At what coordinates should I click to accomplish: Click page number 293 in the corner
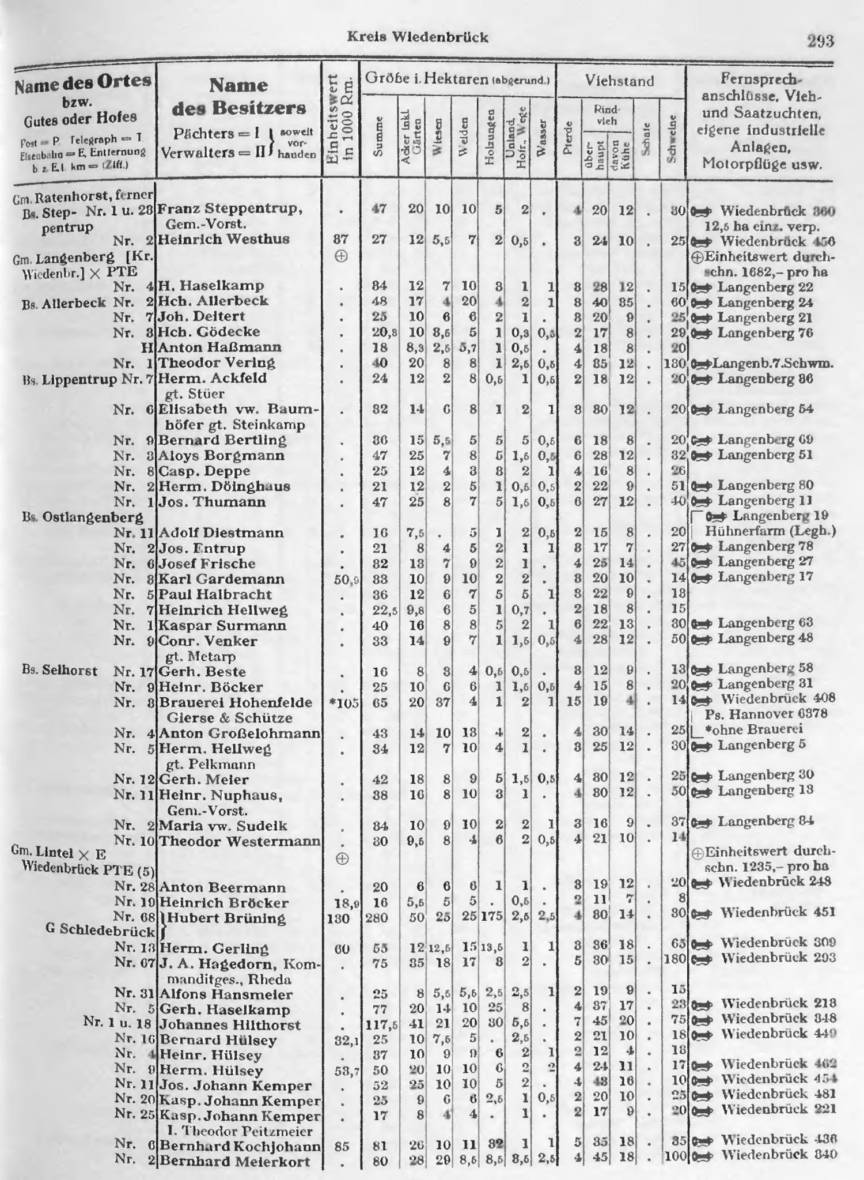(x=820, y=41)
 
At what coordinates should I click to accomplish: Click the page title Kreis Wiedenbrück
(x=418, y=37)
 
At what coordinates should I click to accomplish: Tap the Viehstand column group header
(x=620, y=81)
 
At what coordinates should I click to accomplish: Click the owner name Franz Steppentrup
(x=230, y=209)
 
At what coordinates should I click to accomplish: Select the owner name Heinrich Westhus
(x=223, y=240)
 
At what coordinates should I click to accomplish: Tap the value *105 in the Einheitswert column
(x=341, y=703)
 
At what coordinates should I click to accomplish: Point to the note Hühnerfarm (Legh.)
(x=770, y=531)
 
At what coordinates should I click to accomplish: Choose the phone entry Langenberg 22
(x=765, y=287)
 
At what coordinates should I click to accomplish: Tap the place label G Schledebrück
(x=100, y=932)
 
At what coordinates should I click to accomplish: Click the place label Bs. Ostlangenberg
(x=82, y=517)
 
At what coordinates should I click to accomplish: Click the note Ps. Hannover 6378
(x=766, y=714)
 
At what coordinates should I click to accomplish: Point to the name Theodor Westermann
(x=239, y=841)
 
